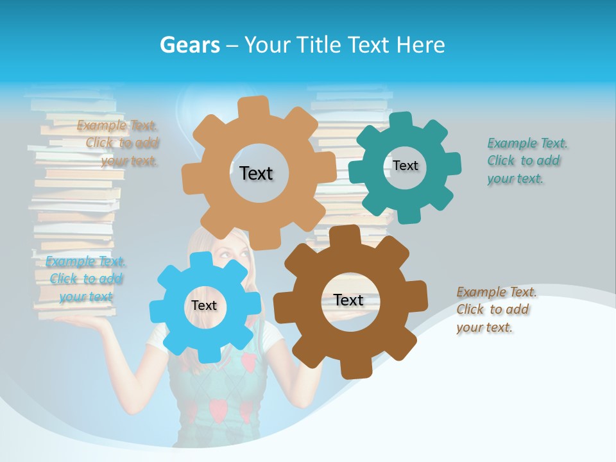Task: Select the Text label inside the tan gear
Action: click(256, 173)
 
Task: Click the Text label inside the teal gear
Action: click(405, 166)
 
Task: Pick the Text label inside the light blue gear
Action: click(204, 305)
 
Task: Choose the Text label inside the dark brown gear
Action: click(348, 300)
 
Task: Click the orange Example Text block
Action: click(118, 143)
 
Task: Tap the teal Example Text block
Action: click(527, 160)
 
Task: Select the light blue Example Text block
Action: click(86, 278)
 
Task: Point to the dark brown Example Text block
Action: click(497, 309)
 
